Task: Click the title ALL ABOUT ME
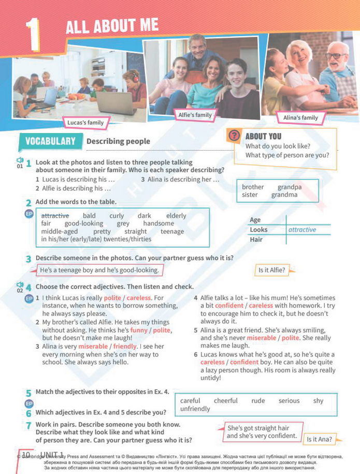pyautogui.click(x=112, y=26)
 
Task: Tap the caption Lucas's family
pyautogui.click(x=85, y=123)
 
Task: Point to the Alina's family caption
pyautogui.click(x=300, y=118)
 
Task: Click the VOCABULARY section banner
pyautogui.click(x=50, y=141)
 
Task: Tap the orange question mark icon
pyautogui.click(x=235, y=136)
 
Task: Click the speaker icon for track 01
pyautogui.click(x=20, y=160)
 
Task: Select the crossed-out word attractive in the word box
pyautogui.click(x=55, y=215)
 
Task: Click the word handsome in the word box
pyautogui.click(x=159, y=223)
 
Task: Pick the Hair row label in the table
pyautogui.click(x=257, y=240)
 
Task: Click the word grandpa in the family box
pyautogui.click(x=289, y=187)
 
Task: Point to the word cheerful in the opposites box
pyautogui.click(x=226, y=401)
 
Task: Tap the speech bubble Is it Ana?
pyautogui.click(x=318, y=439)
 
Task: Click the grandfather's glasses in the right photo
pyautogui.click(x=335, y=55)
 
